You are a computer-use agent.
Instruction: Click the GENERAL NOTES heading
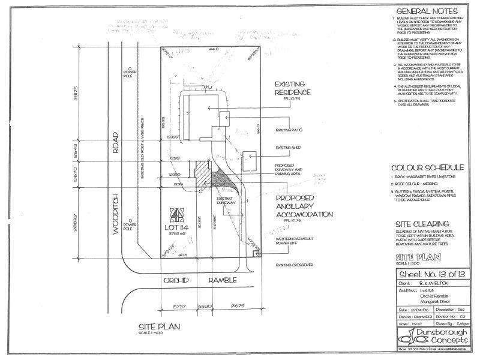(427, 11)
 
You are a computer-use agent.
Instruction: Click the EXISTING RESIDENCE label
(292, 89)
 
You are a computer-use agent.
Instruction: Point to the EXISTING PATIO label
(289, 129)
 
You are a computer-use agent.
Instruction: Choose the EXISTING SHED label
(288, 146)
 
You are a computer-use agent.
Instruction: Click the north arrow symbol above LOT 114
(176, 214)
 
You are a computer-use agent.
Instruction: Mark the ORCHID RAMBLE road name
(202, 280)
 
